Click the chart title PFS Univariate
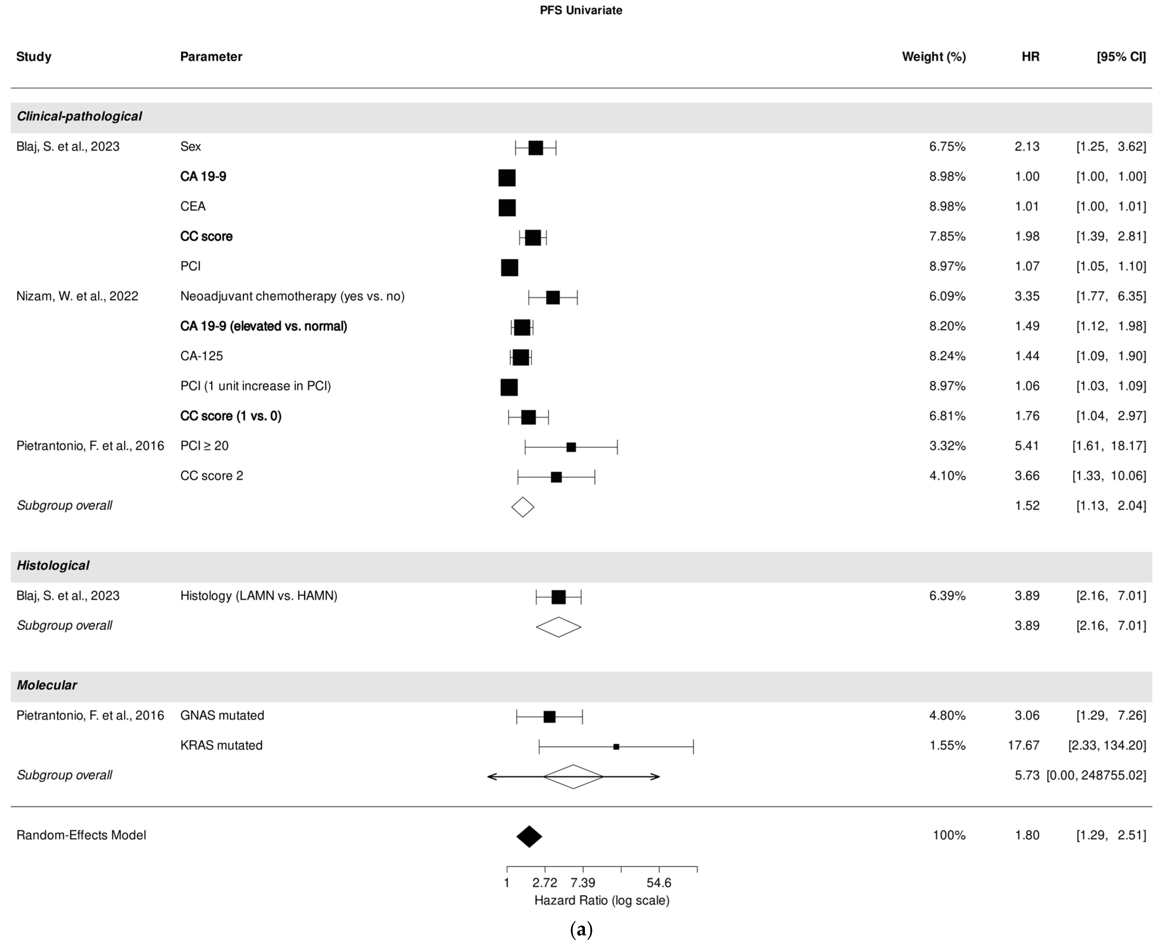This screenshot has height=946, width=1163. click(581, 10)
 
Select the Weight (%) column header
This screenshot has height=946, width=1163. click(934, 57)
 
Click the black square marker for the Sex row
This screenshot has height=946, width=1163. click(536, 148)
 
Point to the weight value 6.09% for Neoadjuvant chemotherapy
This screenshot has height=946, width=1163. click(947, 296)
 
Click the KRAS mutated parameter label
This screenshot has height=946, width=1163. click(221, 745)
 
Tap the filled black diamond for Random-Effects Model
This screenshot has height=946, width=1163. click(529, 836)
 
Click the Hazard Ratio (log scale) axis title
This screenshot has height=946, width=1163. click(602, 900)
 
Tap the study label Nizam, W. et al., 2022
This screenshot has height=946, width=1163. click(77, 296)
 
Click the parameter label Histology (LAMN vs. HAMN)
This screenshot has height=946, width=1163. click(259, 596)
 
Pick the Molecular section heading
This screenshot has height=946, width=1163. click(47, 685)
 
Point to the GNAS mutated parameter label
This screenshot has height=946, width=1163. click(222, 715)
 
